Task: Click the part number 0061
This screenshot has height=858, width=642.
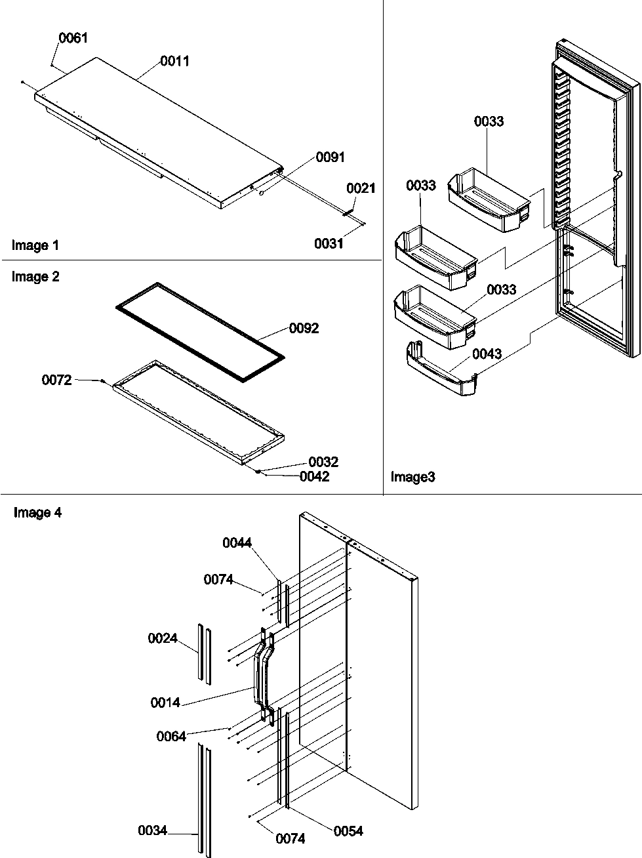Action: click(x=73, y=38)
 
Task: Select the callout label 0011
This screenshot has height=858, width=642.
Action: click(x=174, y=61)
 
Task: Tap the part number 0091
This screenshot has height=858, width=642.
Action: click(x=330, y=157)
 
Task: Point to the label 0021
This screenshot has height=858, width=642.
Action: click(x=361, y=188)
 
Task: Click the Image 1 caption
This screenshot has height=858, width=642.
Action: click(x=35, y=245)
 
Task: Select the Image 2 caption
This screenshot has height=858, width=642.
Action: click(x=35, y=277)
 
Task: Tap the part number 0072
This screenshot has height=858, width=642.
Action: click(x=56, y=380)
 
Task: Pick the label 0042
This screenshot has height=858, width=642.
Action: click(x=314, y=477)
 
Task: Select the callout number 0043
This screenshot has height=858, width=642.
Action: click(x=487, y=354)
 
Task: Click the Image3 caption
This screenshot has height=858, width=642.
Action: click(x=412, y=477)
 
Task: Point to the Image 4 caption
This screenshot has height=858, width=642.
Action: click(x=37, y=513)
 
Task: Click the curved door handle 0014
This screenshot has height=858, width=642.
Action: click(x=264, y=676)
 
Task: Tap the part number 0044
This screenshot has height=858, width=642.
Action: click(x=237, y=542)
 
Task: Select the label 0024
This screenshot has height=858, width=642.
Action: click(x=162, y=638)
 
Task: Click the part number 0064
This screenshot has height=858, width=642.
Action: click(x=171, y=736)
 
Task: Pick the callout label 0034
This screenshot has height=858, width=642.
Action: click(x=152, y=830)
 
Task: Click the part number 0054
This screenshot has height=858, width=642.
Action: click(x=348, y=831)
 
